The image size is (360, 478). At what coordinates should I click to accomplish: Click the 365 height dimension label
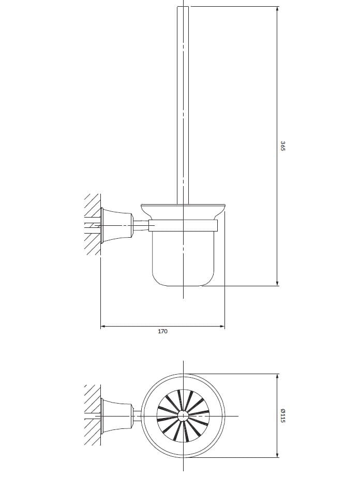tap(283, 145)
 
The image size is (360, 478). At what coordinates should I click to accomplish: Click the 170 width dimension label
tap(162, 331)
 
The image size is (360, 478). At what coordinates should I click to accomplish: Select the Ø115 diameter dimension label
tap(283, 415)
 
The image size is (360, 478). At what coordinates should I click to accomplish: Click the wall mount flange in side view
tap(117, 225)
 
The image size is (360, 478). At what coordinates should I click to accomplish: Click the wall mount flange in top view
tap(117, 416)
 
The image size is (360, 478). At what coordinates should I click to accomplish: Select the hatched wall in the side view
tap(92, 225)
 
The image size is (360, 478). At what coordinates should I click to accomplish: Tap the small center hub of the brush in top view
tap(183, 415)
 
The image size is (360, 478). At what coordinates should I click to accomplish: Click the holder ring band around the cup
tap(184, 225)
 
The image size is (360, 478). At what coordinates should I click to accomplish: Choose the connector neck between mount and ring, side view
tap(141, 225)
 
